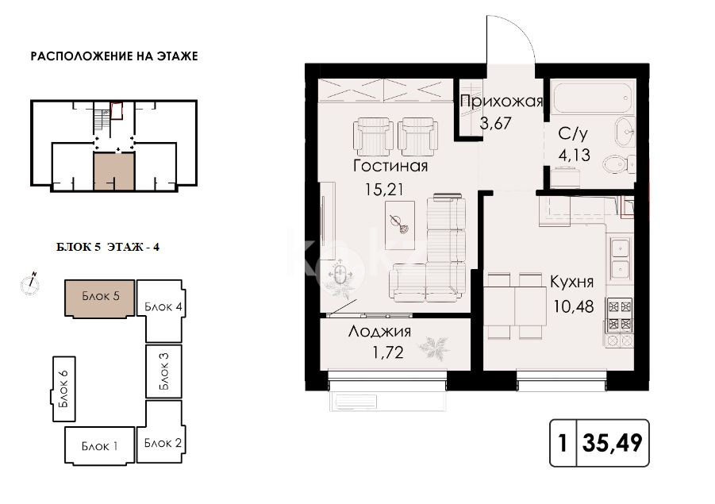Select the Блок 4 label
[x=164, y=307]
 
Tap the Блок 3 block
[x=164, y=371]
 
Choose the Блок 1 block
[x=99, y=445]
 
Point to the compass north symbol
[x=30, y=283]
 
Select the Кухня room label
[x=571, y=282]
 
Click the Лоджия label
[x=379, y=333]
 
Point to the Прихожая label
[x=502, y=101]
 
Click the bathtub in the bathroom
[x=591, y=98]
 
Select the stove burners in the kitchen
[x=619, y=315]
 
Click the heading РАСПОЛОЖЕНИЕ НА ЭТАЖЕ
[x=113, y=56]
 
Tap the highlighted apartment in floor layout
[x=113, y=168]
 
